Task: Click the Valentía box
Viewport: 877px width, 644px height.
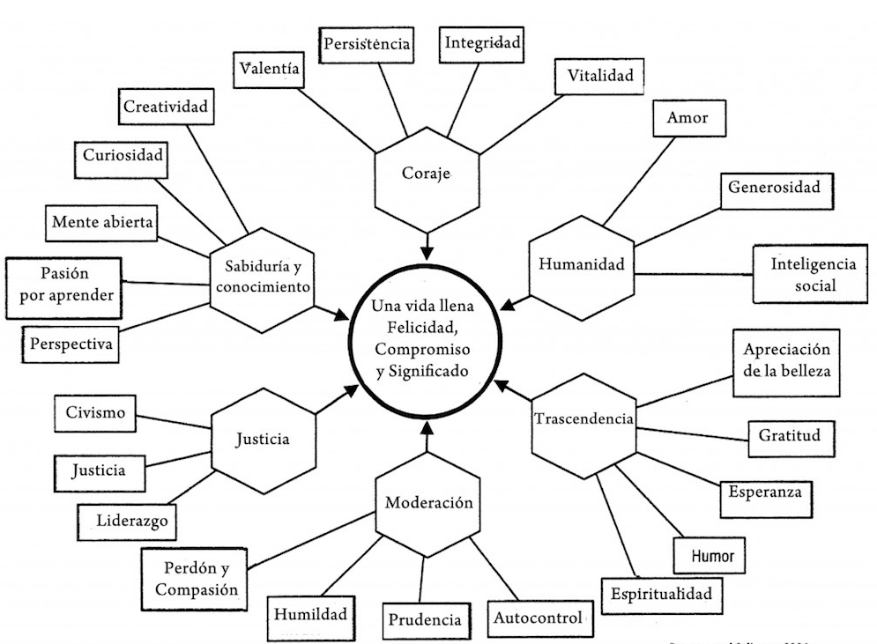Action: pyautogui.click(x=269, y=68)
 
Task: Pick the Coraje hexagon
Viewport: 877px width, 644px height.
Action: pyautogui.click(x=427, y=174)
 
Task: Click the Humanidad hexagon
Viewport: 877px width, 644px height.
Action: pyautogui.click(x=581, y=263)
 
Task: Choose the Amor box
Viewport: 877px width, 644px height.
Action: pyautogui.click(x=687, y=117)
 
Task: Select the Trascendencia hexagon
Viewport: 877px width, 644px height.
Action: pyautogui.click(x=584, y=419)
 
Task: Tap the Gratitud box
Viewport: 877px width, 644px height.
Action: pyautogui.click(x=790, y=435)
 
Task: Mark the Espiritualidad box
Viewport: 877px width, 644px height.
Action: pyautogui.click(x=661, y=594)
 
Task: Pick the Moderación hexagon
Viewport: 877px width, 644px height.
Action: pyautogui.click(x=429, y=504)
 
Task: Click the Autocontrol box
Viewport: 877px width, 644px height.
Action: pyautogui.click(x=537, y=617)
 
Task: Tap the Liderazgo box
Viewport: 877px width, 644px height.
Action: pyautogui.click(x=133, y=519)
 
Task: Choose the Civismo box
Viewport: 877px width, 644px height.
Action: pyautogui.click(x=95, y=411)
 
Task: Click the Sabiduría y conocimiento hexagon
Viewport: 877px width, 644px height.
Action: pyautogui.click(x=262, y=276)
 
